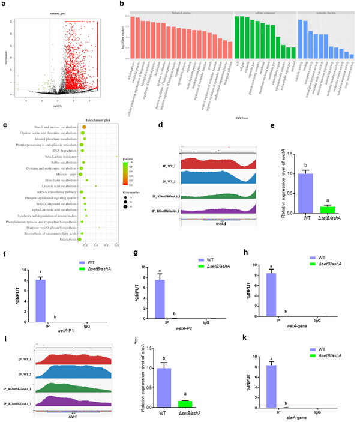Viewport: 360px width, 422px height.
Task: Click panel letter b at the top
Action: click(122, 5)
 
